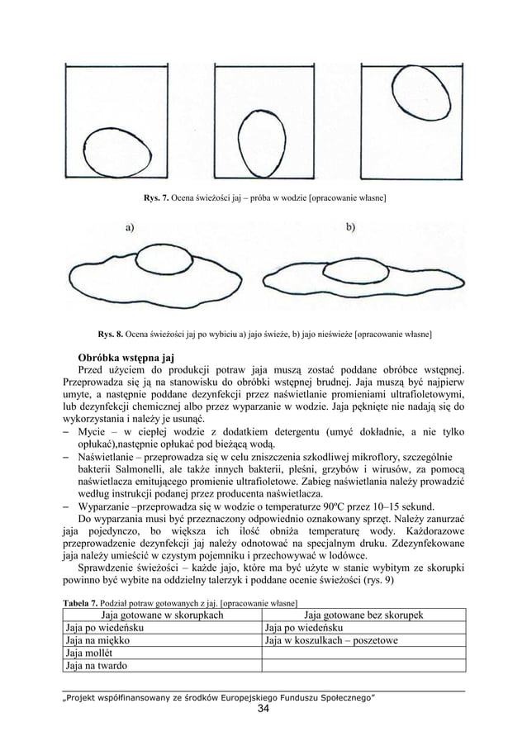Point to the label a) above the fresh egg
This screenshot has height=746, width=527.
131,227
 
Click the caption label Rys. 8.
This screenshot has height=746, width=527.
111,335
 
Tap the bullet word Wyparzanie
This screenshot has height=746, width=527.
108,507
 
